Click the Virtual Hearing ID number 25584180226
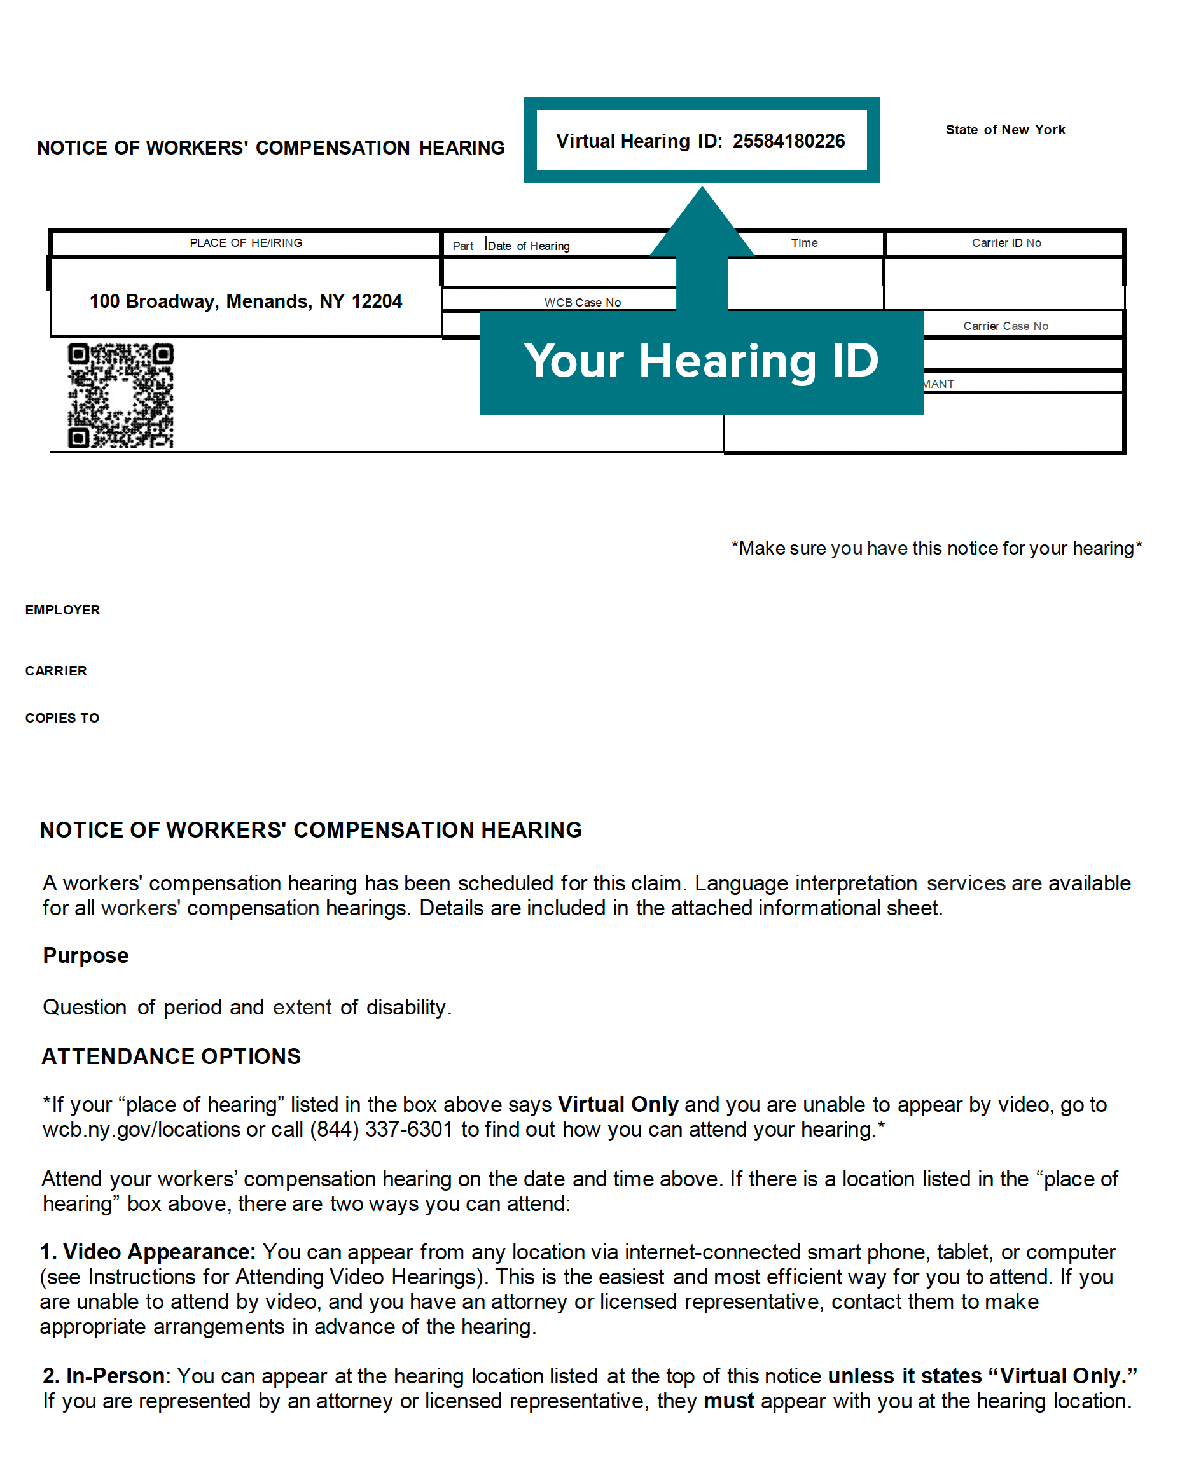coord(788,141)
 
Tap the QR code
coord(120,396)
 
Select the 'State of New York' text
coord(1005,130)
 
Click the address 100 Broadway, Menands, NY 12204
coord(246,301)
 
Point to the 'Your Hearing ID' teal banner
coord(702,361)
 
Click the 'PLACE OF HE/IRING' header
coord(246,243)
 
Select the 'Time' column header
coord(804,243)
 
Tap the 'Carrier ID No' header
coord(1006,243)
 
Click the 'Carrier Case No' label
coord(1005,326)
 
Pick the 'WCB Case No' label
coord(583,302)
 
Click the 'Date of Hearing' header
coord(528,246)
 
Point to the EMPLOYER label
coord(63,610)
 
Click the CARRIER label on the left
coord(56,671)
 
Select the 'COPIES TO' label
coord(62,718)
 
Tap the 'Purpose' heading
coord(85,955)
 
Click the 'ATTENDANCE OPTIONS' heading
coord(171,1056)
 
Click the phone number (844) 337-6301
coord(382,1130)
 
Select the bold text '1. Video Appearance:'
coord(148,1252)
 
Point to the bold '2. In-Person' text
coord(104,1376)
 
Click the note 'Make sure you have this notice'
coord(936,548)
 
